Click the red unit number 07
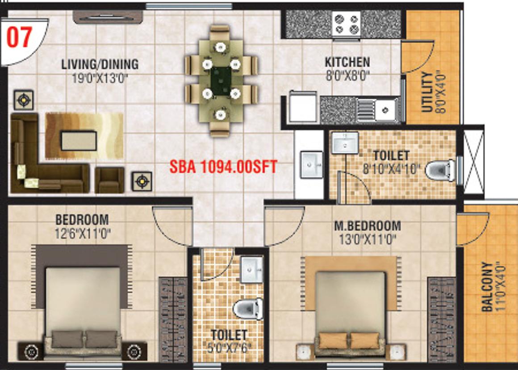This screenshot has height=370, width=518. (x=19, y=37)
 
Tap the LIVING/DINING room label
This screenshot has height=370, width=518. (x=100, y=64)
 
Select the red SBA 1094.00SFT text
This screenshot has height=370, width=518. (x=223, y=167)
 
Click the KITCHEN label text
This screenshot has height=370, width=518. (x=347, y=62)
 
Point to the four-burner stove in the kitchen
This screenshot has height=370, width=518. (x=346, y=24)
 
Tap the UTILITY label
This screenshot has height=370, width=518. (x=427, y=92)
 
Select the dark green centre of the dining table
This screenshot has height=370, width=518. (x=221, y=81)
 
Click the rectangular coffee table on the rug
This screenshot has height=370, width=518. (x=79, y=140)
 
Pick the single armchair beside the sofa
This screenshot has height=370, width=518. (x=109, y=180)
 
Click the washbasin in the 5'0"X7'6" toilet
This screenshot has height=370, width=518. (x=251, y=269)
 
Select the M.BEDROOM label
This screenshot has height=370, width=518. (x=368, y=226)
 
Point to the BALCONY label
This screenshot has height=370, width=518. (x=487, y=287)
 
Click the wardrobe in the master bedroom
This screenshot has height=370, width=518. (x=442, y=319)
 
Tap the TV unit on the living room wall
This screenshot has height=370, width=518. (x=108, y=17)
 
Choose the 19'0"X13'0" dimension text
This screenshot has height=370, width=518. (x=100, y=79)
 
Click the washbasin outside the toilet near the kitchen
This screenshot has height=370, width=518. (x=312, y=165)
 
